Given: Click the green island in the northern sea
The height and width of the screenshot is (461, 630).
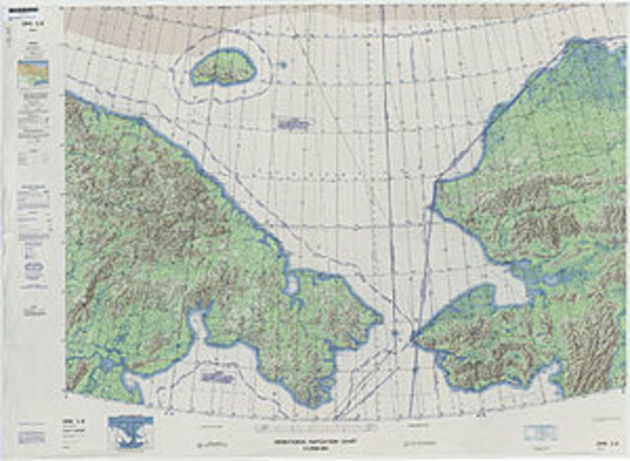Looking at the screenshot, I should pyautogui.click(x=223, y=68).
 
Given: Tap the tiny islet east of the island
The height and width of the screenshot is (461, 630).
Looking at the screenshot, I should pyautogui.click(x=283, y=66).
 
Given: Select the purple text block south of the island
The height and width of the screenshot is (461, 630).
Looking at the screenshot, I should pyautogui.click(x=292, y=124).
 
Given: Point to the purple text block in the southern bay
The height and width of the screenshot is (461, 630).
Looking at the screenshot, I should pyautogui.click(x=217, y=375).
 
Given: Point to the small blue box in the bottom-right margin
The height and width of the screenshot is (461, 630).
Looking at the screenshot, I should pyautogui.click(x=539, y=432).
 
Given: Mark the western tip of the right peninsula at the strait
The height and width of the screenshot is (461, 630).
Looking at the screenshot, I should pyautogui.click(x=413, y=339).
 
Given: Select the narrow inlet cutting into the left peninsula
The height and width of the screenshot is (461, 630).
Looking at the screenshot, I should pyautogui.click(x=197, y=324).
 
